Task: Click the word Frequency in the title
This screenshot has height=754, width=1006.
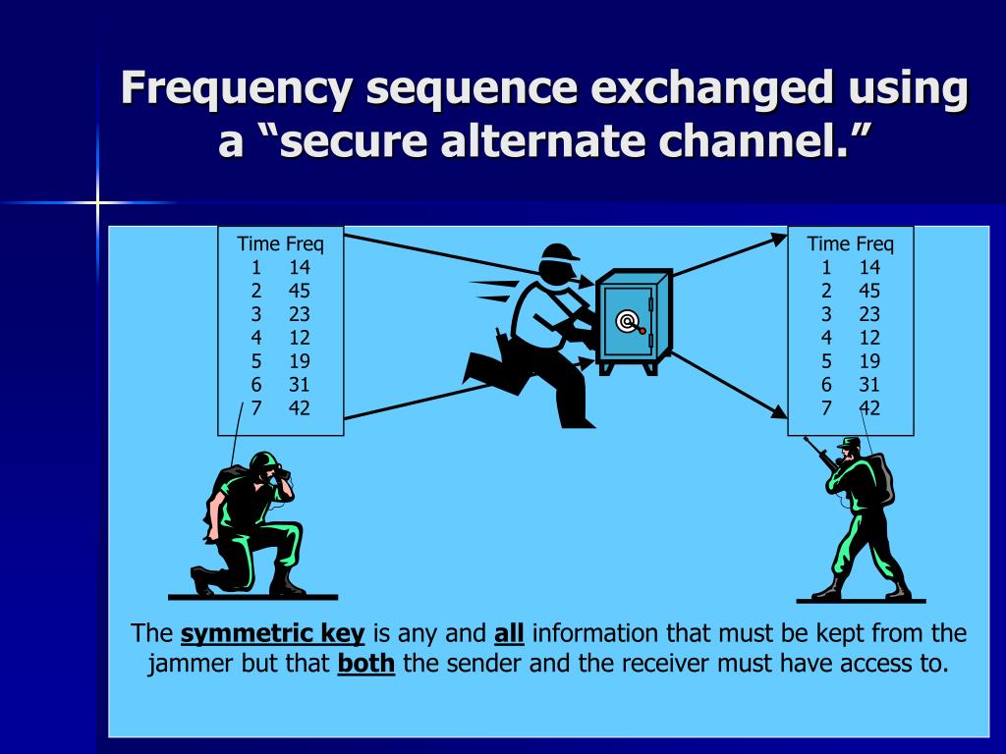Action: pyautogui.click(x=235, y=89)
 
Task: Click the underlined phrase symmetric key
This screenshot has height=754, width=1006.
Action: pyautogui.click(x=273, y=633)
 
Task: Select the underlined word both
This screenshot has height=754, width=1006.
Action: pyautogui.click(x=365, y=663)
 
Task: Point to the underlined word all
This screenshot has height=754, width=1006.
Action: pyautogui.click(x=509, y=633)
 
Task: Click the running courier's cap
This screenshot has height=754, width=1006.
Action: pyautogui.click(x=559, y=252)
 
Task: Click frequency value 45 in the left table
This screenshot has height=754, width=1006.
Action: pyautogui.click(x=300, y=291)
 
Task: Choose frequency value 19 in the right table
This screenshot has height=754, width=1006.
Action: pyautogui.click(x=869, y=361)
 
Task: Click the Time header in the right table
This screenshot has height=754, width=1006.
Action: pyautogui.click(x=828, y=243)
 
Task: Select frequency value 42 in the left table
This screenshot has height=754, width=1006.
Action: pyautogui.click(x=300, y=408)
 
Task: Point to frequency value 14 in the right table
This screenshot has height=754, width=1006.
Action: pyautogui.click(x=869, y=267)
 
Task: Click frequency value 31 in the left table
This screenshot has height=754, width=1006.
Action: pyautogui.click(x=300, y=385)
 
